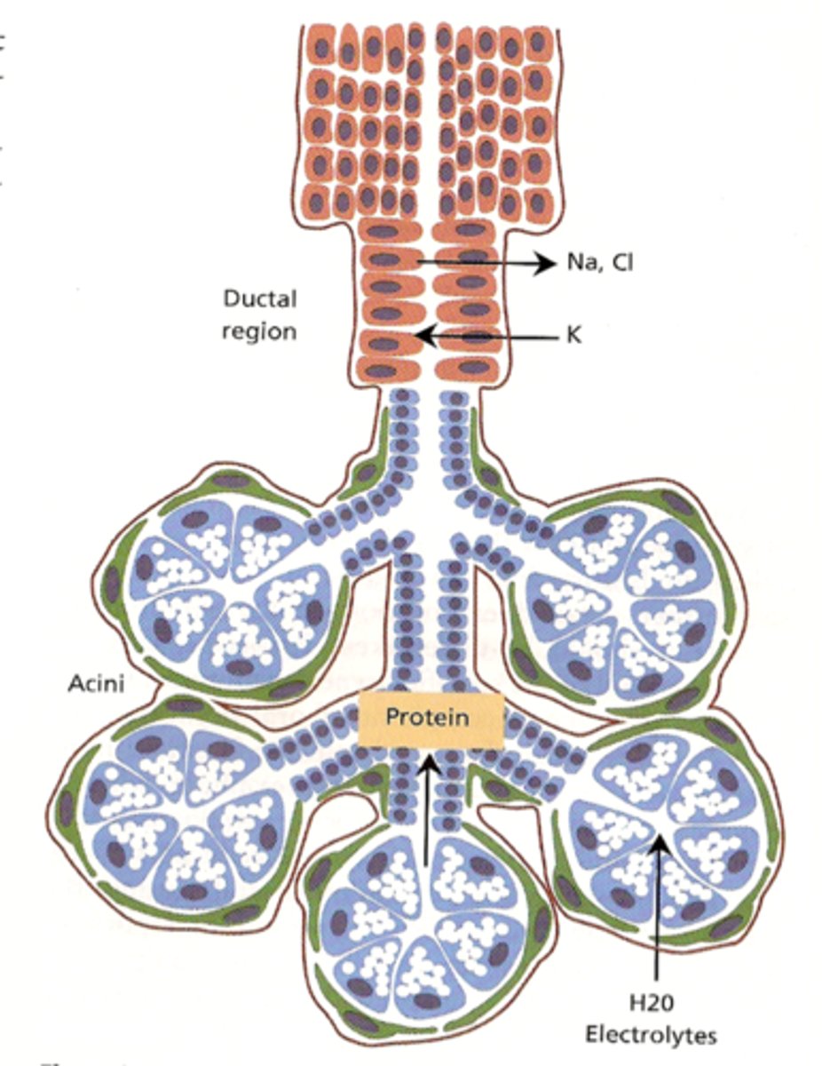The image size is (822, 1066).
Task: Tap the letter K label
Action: click(x=574, y=338)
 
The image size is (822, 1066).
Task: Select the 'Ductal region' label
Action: click(x=260, y=314)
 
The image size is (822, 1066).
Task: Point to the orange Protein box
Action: click(x=431, y=719)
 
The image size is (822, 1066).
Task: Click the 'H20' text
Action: click(x=659, y=1005)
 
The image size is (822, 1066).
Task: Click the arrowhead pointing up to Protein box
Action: click(x=430, y=757)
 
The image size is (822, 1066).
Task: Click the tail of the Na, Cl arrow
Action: click(x=415, y=262)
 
